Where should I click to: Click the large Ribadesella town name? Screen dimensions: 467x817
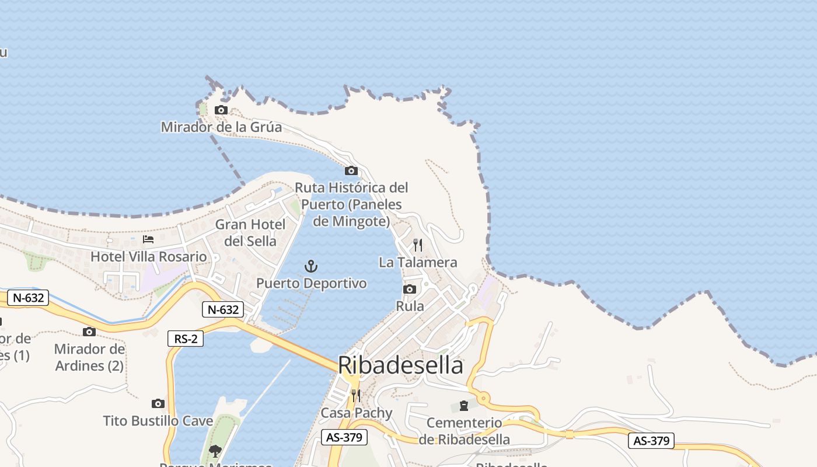click(400, 365)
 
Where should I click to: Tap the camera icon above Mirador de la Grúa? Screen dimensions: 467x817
click(221, 110)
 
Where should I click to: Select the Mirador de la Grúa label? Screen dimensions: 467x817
click(221, 127)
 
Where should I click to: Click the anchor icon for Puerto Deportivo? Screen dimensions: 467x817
click(312, 267)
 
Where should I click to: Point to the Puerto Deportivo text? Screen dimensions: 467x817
click(312, 284)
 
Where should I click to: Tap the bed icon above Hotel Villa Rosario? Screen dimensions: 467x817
click(148, 239)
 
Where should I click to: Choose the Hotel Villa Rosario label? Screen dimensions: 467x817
click(148, 257)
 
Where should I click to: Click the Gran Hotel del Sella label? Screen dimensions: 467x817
click(250, 232)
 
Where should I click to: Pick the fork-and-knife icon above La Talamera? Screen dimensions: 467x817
click(418, 245)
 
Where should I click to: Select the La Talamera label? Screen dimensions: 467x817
click(418, 263)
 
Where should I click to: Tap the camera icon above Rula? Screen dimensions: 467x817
click(410, 289)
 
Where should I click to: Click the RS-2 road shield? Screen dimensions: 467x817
click(186, 339)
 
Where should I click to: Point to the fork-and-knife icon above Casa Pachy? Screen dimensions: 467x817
click(356, 396)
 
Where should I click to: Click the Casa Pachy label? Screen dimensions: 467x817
click(357, 413)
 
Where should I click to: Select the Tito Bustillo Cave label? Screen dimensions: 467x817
click(158, 421)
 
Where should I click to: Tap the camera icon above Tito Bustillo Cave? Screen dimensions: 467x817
click(158, 403)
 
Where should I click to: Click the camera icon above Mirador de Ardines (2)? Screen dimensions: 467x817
click(89, 332)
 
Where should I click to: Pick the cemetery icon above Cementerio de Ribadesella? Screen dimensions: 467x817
click(464, 405)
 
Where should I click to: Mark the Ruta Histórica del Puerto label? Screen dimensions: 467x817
click(351, 204)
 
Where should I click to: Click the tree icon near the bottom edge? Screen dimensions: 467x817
click(215, 450)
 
